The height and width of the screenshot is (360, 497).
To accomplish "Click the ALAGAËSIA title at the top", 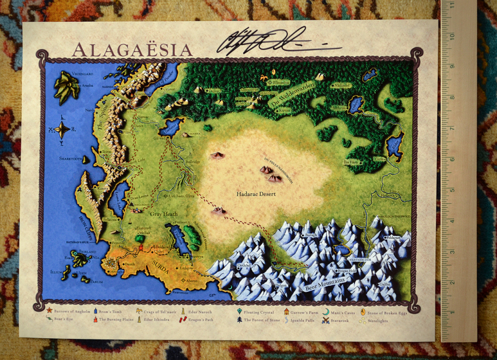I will point(132,50).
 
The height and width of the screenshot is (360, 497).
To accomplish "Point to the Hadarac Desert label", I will point(256,194).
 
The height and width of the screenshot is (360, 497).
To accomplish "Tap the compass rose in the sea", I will point(62,130).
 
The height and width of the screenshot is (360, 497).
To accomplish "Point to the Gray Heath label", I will point(164,214).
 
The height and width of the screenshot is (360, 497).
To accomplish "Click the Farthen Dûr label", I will point(360,260).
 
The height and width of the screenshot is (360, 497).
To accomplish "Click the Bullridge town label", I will point(193,161).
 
